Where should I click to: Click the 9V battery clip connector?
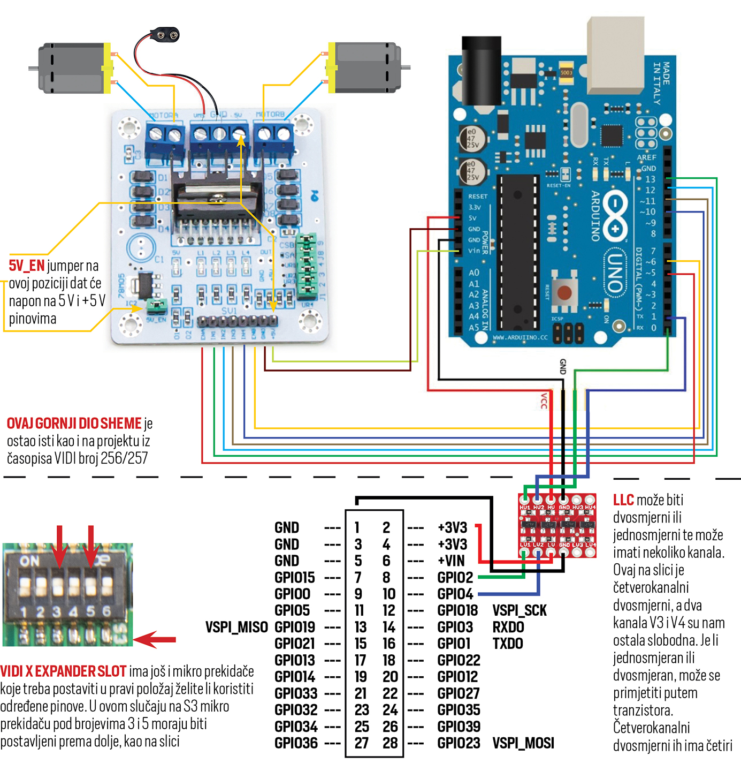point(164,35)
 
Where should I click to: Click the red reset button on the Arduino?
point(564,293)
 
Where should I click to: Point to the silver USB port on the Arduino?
point(615,54)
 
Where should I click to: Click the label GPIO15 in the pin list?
point(294,578)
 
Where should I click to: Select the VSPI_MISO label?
point(236,627)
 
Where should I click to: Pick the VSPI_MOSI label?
point(523,743)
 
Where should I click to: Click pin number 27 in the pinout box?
point(361,743)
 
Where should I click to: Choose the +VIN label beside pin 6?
point(452,561)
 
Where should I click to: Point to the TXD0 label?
point(508,644)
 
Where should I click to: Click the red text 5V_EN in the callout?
point(26,266)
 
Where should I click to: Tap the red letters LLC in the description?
point(623,500)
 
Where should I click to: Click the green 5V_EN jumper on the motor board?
point(157,306)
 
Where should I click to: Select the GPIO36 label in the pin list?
point(296,743)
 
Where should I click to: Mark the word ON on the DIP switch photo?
point(29,561)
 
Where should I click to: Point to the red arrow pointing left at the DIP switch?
point(155,639)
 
